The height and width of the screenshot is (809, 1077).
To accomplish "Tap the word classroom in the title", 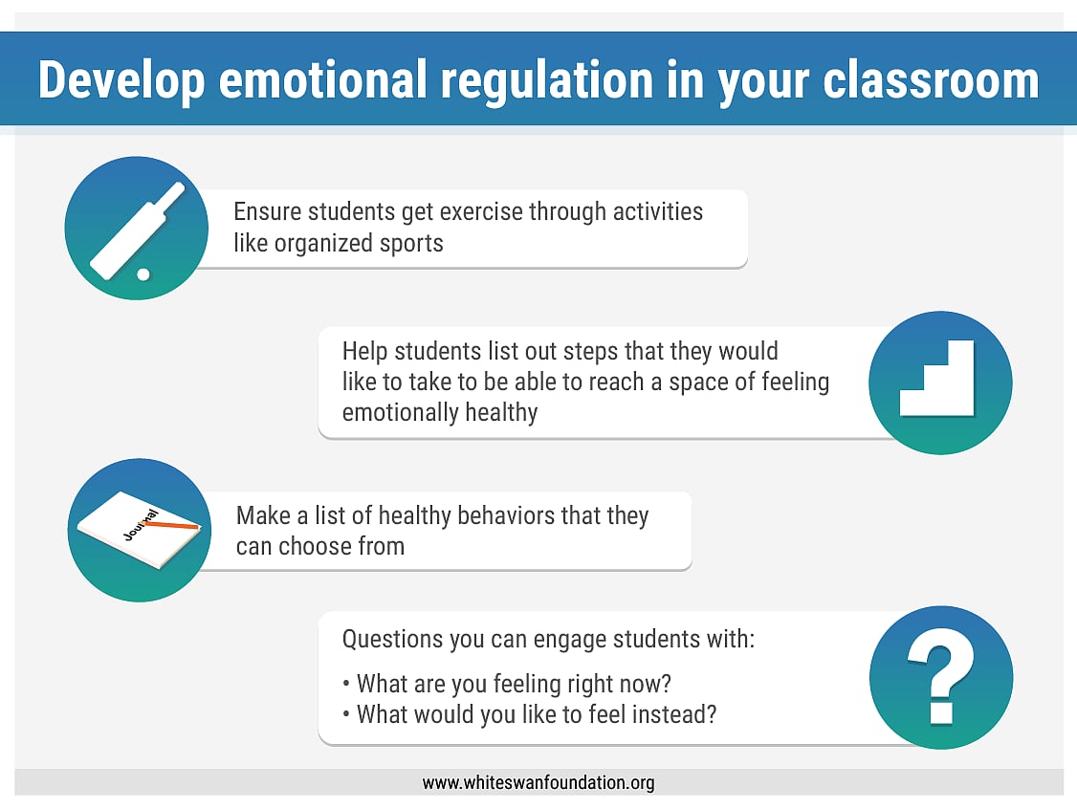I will [931, 80].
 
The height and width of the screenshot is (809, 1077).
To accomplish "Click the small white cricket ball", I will [143, 274].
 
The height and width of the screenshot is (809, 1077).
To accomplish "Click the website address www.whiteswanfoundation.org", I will [538, 783].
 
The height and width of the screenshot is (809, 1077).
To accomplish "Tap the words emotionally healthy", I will [439, 413].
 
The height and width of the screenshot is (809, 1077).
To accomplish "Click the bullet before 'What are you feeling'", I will [346, 685].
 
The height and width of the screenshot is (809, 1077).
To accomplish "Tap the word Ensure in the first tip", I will [265, 211].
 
